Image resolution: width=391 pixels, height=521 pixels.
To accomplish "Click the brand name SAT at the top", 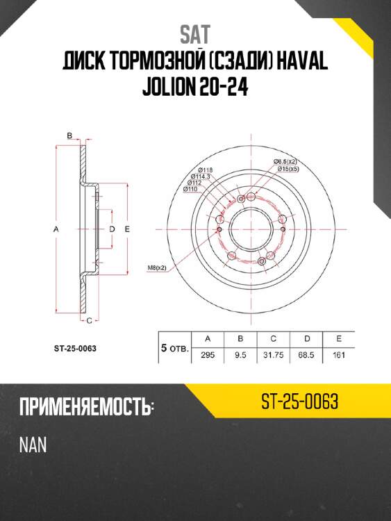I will tap(195, 33).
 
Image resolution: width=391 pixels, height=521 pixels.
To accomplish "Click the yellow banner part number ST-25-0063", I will tap(300, 402).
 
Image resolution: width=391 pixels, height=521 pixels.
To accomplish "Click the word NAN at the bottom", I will tap(33, 445).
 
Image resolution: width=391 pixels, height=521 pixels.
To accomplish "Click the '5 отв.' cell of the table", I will tap(174, 348).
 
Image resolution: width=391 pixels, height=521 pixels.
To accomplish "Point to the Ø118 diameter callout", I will tap(205, 170).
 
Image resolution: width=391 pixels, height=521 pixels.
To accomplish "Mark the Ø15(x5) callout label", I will tap(288, 169).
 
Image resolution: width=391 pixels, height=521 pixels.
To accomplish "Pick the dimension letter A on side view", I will tap(55, 229).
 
